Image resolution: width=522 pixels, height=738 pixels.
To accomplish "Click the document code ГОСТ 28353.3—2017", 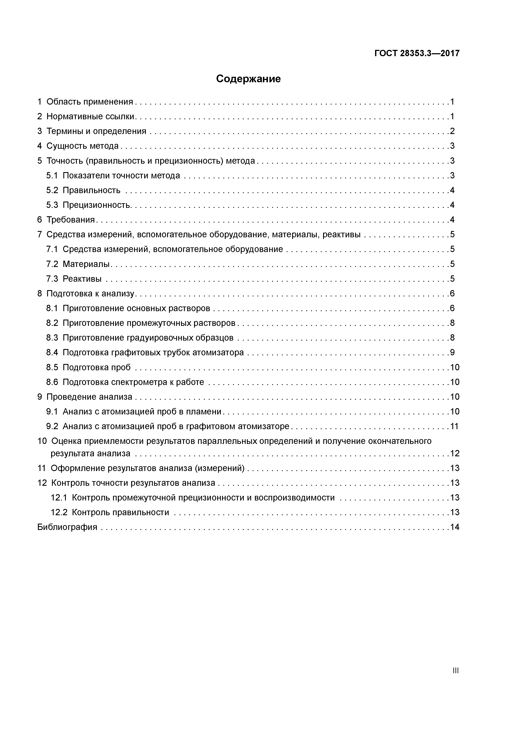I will [x=417, y=53].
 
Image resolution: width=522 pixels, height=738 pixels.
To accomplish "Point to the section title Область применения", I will [x=90, y=102].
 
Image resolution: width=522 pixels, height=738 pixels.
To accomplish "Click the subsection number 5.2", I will [x=52, y=191].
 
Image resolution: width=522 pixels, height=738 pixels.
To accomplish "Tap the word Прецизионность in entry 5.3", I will [x=96, y=205].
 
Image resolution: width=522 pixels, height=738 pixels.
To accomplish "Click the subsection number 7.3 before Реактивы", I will [x=52, y=279].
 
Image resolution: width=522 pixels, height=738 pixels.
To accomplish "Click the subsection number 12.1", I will [x=59, y=498].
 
